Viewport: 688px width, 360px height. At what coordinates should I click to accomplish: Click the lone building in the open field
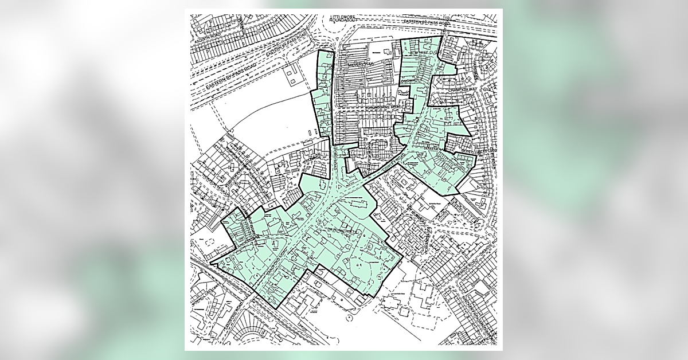pyautogui.click(x=293, y=77)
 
